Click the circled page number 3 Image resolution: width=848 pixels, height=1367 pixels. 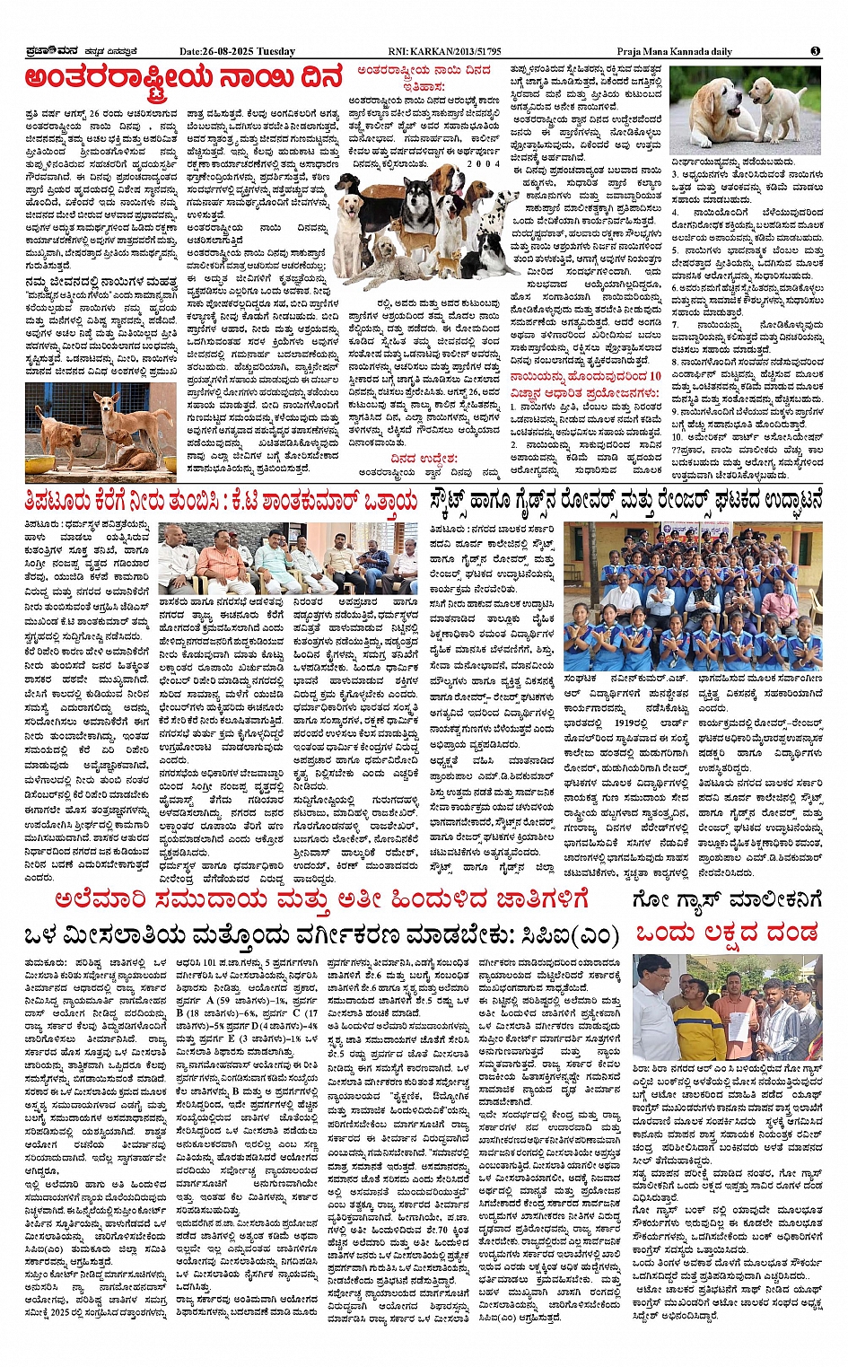[x=815, y=51]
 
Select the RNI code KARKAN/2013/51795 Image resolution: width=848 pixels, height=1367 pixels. [x=458, y=52]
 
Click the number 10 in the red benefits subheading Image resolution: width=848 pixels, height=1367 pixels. [x=654, y=376]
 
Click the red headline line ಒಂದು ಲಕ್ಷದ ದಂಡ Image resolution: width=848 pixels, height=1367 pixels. [x=727, y=933]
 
